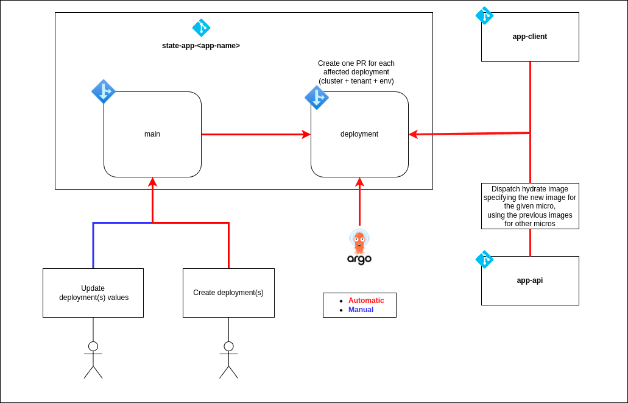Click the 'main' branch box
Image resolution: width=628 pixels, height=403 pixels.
(x=152, y=134)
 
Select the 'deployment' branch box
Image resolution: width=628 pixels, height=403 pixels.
(x=359, y=134)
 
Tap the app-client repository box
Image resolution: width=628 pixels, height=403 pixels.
(x=530, y=37)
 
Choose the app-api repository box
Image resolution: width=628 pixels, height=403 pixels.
(x=530, y=280)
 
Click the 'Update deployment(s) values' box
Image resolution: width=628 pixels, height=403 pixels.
(x=93, y=293)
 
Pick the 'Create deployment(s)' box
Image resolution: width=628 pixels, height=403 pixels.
(x=228, y=293)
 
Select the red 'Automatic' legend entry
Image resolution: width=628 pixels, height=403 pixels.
(x=365, y=300)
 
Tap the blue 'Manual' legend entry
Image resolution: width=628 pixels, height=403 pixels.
(x=361, y=310)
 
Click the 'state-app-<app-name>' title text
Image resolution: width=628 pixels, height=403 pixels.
(x=201, y=46)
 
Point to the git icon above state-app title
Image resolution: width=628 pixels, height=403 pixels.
(x=201, y=27)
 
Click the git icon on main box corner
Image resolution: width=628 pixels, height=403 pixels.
(x=104, y=91)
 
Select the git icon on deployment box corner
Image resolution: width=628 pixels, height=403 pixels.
(x=317, y=98)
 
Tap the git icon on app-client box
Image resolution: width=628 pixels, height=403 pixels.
(x=484, y=15)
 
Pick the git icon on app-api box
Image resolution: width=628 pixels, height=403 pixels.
(x=484, y=259)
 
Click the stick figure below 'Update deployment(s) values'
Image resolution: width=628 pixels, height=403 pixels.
(x=93, y=360)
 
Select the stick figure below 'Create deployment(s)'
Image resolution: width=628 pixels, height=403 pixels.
(x=228, y=360)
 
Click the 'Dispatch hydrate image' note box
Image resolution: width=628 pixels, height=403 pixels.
(x=530, y=206)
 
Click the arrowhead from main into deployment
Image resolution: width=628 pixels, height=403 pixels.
(x=306, y=134)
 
